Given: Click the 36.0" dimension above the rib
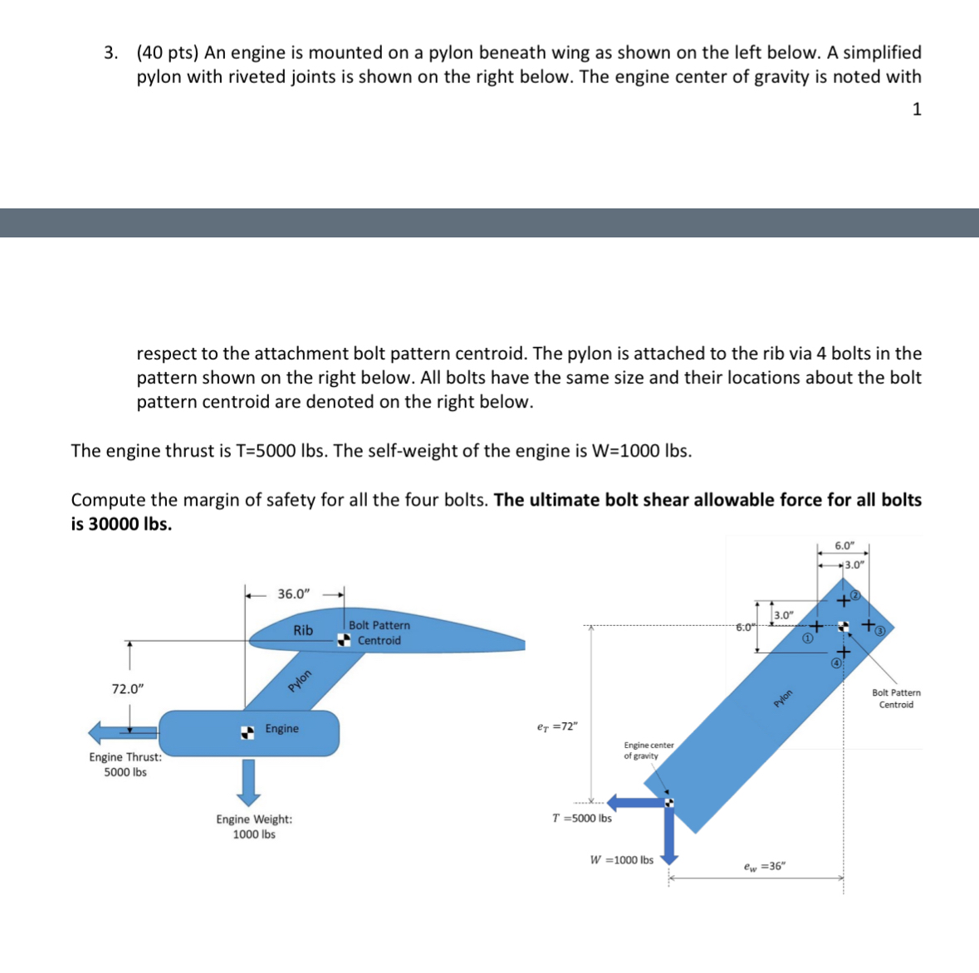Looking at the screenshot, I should pyautogui.click(x=293, y=594).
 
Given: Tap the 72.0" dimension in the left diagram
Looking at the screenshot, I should pyautogui.click(x=128, y=689).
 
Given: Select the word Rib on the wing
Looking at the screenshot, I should pyautogui.click(x=303, y=631).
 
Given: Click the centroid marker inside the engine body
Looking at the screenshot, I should pyautogui.click(x=247, y=731).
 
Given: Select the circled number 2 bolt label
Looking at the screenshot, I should pyautogui.click(x=857, y=595).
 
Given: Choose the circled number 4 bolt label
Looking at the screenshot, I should pyautogui.click(x=836, y=663).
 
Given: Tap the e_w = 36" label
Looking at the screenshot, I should pyautogui.click(x=764, y=867).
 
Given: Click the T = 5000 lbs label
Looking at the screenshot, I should pyautogui.click(x=581, y=819).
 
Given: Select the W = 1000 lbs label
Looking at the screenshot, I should pyautogui.click(x=621, y=860).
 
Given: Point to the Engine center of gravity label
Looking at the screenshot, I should pyautogui.click(x=649, y=751).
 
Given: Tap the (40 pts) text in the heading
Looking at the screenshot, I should pyautogui.click(x=168, y=53).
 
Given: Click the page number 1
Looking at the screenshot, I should pyautogui.click(x=917, y=110).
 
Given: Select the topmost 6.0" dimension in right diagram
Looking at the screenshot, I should pyautogui.click(x=844, y=545).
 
